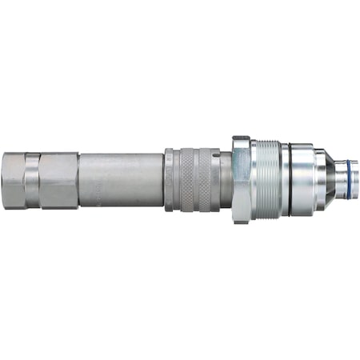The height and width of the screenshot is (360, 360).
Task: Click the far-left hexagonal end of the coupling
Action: pos(14,180)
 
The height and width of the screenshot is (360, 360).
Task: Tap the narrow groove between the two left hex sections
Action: pos(25,180)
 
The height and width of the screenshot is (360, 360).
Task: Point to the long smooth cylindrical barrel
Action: pos(120,180)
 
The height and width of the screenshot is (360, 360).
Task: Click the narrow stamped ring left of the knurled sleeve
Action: pos(169,180)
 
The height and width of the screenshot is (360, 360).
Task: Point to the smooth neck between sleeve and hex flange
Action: pos(225,180)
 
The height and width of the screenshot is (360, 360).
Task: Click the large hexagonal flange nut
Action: pos(241,180)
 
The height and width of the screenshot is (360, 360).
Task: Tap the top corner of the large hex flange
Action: pos(240,138)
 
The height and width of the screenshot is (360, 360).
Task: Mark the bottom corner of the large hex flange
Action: pos(240,222)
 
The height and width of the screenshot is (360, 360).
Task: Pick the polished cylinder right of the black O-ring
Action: pos(301,180)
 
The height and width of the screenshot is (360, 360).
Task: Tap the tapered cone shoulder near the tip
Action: pos(320,180)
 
